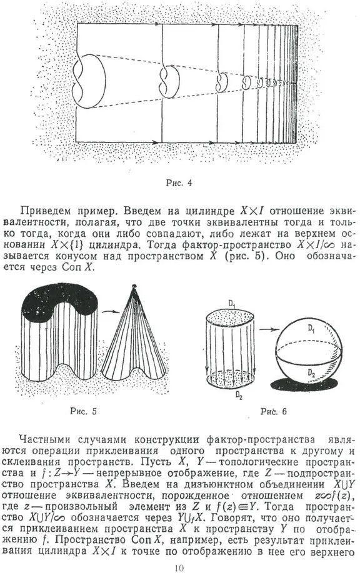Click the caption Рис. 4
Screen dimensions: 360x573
pos(179,182)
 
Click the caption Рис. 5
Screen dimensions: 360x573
pos(83,411)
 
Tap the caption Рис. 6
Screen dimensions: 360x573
pos(274,411)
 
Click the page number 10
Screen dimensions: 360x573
pos(179,567)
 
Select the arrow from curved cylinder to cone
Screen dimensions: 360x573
pos(111,311)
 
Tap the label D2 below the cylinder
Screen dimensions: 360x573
pos(239,395)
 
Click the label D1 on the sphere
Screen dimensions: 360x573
pos(311,329)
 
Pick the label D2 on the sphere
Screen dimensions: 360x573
pos(311,373)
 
